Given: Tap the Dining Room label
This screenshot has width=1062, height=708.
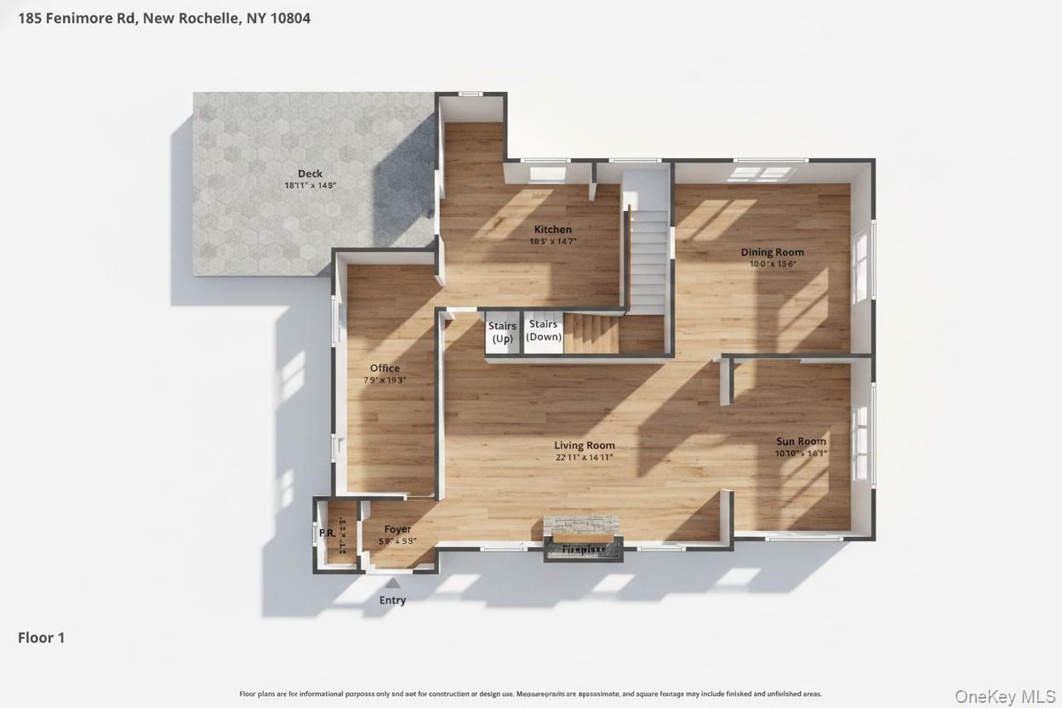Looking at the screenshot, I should (772, 252).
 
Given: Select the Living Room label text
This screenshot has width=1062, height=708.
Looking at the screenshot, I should (584, 445).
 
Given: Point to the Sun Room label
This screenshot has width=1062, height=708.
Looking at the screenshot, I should (801, 441).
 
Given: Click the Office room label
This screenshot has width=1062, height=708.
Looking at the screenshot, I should (385, 368).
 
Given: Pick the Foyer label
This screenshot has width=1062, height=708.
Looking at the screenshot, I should (397, 529).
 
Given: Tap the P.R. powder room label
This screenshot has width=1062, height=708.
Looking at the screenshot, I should (327, 534).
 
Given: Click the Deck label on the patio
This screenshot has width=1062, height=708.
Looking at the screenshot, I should (310, 174).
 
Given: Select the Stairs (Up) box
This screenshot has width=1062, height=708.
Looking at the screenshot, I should (502, 333).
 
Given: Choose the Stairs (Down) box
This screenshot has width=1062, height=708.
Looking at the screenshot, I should (544, 331).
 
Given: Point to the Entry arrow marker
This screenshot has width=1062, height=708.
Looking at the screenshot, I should (392, 583).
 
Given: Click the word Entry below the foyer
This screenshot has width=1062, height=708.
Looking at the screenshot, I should (392, 600).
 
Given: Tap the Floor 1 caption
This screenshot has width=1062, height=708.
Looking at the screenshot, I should (41, 637).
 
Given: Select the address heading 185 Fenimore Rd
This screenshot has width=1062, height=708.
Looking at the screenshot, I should (163, 18).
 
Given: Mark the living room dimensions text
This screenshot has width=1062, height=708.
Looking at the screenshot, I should (584, 458).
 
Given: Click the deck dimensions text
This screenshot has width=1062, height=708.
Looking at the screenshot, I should (310, 186).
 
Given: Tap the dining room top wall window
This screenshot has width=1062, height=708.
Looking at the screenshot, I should (763, 173).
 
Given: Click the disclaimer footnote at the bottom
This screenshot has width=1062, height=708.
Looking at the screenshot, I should (530, 694).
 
